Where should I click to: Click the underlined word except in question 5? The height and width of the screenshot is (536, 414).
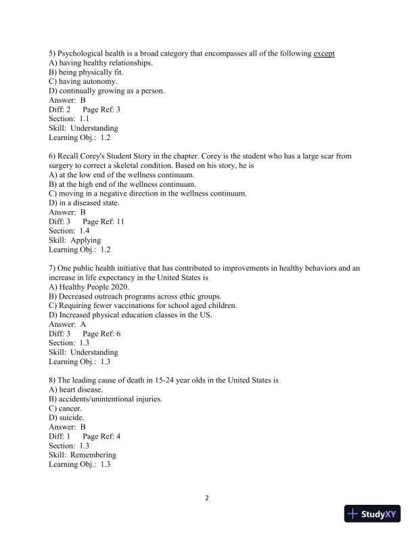coord(324,53)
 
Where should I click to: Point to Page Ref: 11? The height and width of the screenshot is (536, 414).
coord(103,221)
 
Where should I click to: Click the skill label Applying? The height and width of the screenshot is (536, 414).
coord(85,240)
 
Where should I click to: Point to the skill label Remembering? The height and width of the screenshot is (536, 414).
coord(93,455)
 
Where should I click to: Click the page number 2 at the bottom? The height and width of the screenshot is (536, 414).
coord(207,499)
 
